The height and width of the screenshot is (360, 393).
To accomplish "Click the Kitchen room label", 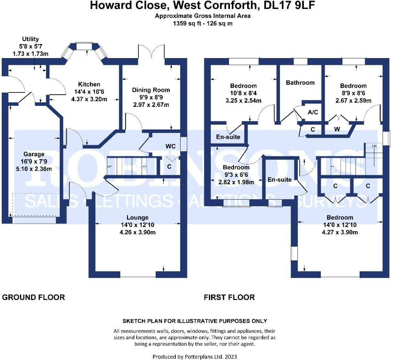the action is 89,84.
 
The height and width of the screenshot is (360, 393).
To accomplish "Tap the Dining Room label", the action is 151,90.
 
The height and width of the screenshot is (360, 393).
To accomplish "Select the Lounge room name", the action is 137,217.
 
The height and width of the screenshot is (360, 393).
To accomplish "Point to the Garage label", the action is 34,154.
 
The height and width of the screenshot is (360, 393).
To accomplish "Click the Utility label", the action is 30,39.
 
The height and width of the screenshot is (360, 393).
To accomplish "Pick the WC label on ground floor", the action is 171,146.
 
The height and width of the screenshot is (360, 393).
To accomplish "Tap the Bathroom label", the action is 300,82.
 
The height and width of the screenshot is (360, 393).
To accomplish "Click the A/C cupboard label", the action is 313,112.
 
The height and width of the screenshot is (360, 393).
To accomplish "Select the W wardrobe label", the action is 337,129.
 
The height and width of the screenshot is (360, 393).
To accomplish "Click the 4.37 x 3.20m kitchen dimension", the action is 89,99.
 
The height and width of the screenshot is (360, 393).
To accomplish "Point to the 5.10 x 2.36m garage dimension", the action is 34,169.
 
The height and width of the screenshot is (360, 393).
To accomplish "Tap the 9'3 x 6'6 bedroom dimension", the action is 236,175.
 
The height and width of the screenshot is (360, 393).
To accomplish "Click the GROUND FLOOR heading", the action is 33,297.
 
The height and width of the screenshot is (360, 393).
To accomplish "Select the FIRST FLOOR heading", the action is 229,297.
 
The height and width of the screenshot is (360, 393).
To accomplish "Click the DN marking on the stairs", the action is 374,146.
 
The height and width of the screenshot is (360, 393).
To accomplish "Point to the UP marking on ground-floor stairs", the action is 109,166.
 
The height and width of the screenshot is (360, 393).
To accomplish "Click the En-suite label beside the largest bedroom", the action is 279,180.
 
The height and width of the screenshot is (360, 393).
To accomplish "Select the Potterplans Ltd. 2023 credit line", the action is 195,357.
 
